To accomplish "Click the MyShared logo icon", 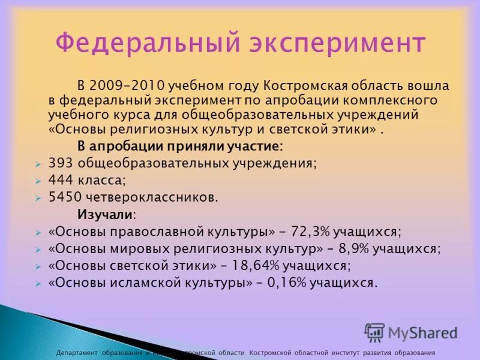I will click(374, 332).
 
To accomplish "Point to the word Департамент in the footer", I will click(77, 353).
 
